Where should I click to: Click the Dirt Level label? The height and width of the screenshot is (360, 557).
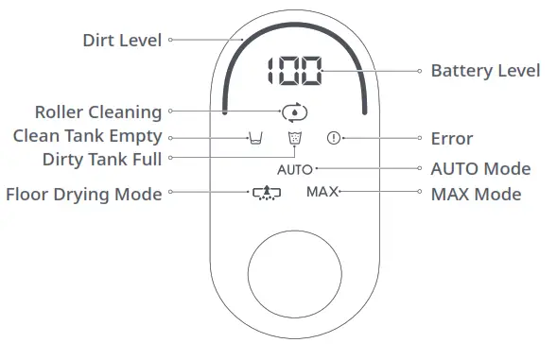point(122,41)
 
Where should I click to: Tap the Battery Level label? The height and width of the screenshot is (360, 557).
point(485,71)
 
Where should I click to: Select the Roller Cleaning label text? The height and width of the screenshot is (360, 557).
point(97,112)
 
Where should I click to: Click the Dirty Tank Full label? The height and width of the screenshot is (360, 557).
point(101,159)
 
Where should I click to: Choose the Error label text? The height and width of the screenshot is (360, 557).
point(451,139)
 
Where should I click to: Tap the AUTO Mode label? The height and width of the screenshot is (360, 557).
point(480,169)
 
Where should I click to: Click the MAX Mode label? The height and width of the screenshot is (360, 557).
point(476,194)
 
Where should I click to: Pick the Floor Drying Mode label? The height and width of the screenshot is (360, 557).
point(84,194)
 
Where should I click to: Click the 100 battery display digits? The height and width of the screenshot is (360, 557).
point(293,72)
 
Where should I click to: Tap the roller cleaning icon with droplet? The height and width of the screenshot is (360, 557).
point(294,112)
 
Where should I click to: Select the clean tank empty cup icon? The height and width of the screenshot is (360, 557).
point(253,139)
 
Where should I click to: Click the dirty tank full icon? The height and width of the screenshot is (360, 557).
point(294,140)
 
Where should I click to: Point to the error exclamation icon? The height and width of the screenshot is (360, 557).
point(332,139)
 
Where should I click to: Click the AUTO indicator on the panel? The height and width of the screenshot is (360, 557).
point(294,170)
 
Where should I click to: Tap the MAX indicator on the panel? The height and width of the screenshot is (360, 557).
point(322,193)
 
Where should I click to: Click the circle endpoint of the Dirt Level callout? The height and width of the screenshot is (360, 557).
point(171,41)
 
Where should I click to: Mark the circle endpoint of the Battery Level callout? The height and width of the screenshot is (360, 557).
point(419,71)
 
